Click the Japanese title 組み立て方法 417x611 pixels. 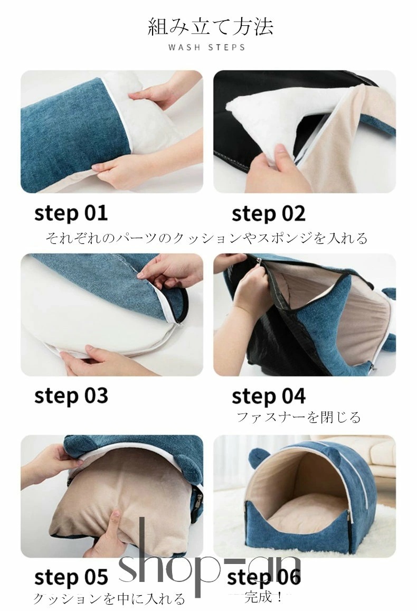coord(210,27)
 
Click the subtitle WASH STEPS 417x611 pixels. coord(207,48)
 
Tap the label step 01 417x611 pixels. coord(71,213)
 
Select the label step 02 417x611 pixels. coord(268,213)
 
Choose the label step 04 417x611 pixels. coord(268,396)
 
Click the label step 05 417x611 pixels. coord(71,577)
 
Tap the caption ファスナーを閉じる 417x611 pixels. coord(299,417)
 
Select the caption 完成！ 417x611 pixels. coord(263,597)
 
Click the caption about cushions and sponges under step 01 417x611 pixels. coord(206,238)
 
